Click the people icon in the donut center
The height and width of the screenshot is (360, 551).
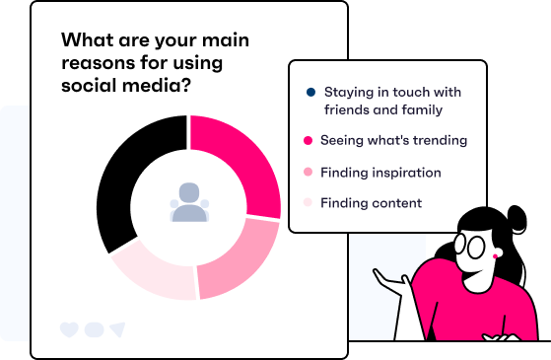point(188,202)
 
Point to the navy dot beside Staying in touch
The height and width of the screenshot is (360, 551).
point(310,93)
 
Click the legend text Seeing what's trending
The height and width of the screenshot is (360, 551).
point(393,141)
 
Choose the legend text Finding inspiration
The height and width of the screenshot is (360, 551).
point(380,173)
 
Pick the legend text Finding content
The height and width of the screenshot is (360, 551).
point(371,203)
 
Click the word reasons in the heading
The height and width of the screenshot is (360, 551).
point(96,64)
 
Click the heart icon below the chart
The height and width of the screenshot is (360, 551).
point(69,328)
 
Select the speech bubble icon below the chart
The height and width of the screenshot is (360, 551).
point(94,328)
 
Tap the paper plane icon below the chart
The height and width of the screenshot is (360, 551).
point(117,328)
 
